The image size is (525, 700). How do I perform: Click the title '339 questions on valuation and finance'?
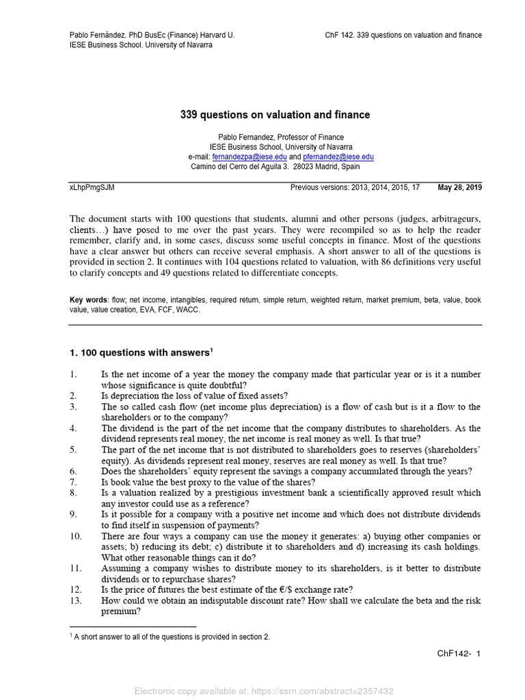(x=275, y=115)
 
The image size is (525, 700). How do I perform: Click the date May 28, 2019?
(x=459, y=187)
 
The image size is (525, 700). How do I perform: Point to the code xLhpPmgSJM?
(x=92, y=187)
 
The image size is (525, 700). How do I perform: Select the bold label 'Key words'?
(x=88, y=299)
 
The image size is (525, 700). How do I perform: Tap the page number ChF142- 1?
(x=459, y=654)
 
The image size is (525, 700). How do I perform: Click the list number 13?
(x=76, y=600)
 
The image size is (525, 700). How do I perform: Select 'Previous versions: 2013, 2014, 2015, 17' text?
(x=355, y=187)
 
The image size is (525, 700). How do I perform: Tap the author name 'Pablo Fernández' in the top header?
(x=100, y=35)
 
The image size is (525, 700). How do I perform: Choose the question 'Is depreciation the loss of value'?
(x=195, y=396)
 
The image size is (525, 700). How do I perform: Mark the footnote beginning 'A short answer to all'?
(x=172, y=636)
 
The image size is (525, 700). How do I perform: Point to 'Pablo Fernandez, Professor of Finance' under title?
(x=281, y=137)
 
